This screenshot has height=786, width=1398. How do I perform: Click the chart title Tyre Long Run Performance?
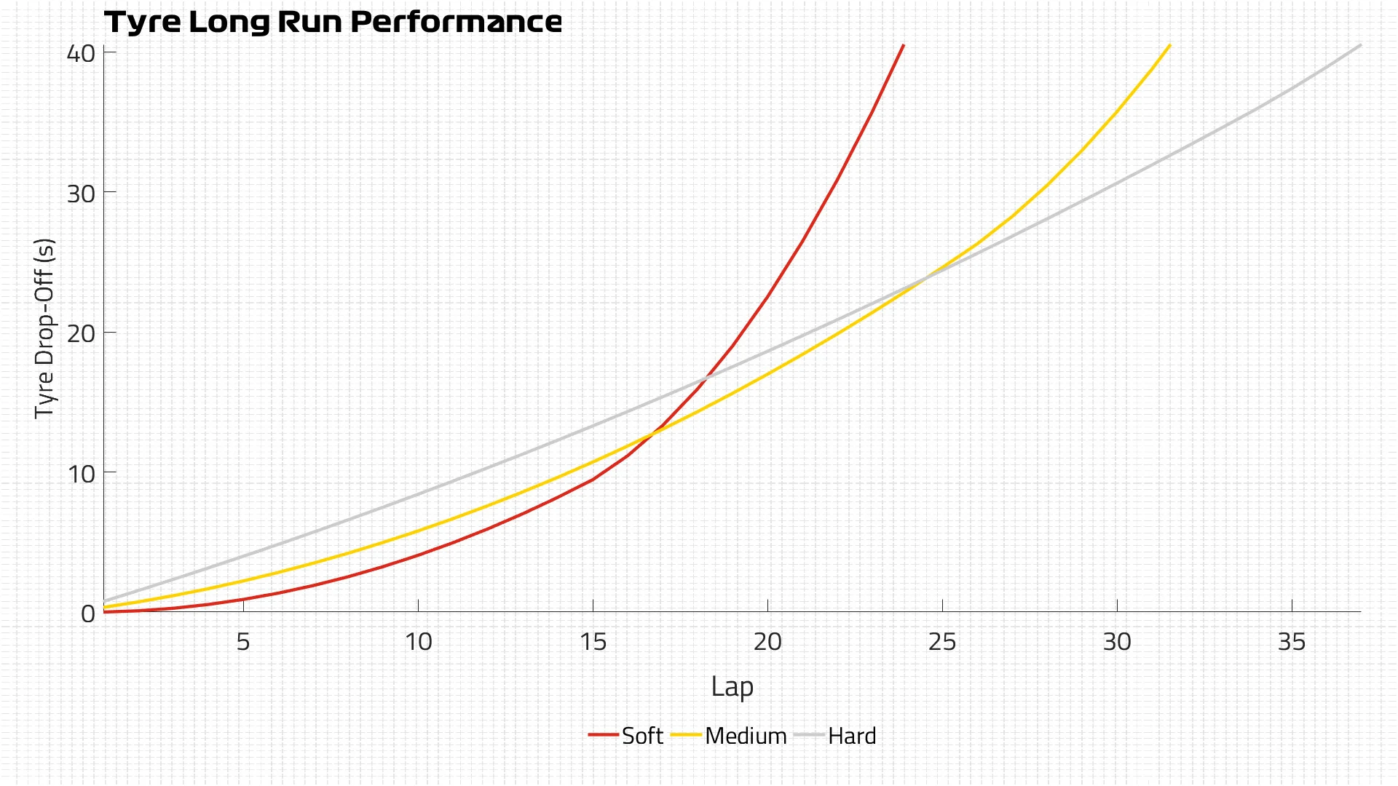333,22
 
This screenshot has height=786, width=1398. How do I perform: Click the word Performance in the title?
456,22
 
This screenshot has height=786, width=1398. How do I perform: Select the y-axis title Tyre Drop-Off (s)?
45,327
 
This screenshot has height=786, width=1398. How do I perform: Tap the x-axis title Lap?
732,686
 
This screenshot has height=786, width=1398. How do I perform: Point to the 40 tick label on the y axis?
81,53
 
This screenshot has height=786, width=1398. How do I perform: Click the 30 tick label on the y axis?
81,194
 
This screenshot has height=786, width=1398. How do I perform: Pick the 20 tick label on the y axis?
81,334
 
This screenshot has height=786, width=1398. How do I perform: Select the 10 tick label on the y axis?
81,474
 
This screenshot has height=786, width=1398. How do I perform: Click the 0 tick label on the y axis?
88,614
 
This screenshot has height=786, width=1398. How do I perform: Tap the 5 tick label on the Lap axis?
243,642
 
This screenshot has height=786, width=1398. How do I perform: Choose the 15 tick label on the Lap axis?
593,642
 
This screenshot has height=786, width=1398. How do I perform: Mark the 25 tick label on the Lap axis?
942,642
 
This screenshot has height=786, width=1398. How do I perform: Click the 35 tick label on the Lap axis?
1292,642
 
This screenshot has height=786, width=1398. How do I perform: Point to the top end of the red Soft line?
903,45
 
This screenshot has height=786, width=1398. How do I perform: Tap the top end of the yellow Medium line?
1169,45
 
